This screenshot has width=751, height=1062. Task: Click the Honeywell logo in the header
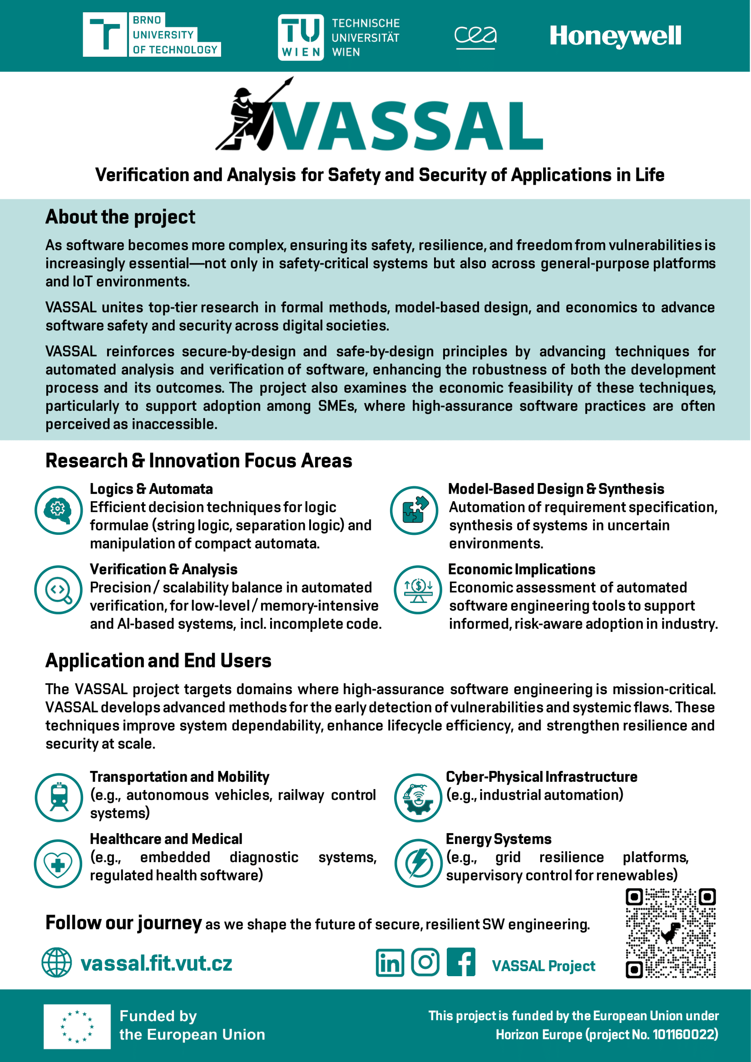pos(615,36)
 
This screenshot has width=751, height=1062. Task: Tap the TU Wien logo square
pos(301,37)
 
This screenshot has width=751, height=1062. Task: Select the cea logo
pos(475,36)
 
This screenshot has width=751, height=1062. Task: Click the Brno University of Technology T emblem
pos(104,35)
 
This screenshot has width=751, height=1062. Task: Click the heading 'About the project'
pos(120,217)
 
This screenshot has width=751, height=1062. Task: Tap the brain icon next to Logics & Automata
pos(59,510)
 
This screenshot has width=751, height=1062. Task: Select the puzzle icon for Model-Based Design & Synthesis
pos(415,510)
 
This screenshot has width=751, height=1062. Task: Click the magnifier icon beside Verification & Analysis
pos(59,590)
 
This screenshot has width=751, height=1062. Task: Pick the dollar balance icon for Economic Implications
pos(418,590)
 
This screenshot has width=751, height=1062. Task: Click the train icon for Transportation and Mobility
pos(59,797)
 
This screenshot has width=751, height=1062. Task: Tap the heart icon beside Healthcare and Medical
pos(58,864)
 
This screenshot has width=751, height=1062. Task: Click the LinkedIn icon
pos(390,963)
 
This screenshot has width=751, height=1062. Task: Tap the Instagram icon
pos(425,963)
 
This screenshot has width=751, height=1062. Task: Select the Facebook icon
pos(460,963)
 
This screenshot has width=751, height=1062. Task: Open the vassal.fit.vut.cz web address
pos(156,963)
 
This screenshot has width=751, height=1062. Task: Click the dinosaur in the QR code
pos(670,933)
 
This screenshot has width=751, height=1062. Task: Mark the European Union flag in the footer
pos(77,1027)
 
